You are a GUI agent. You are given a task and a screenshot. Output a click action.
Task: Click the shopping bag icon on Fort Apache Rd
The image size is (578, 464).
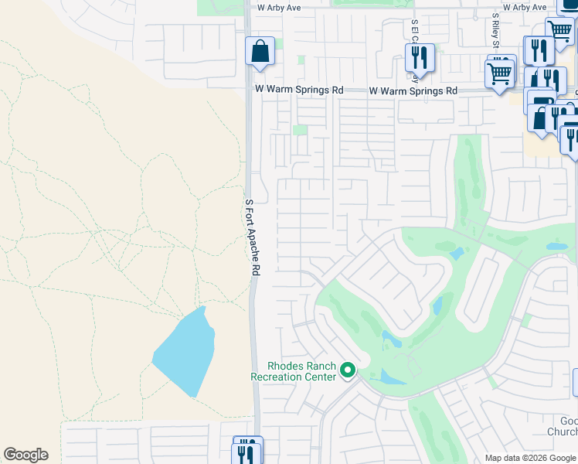point(260,51)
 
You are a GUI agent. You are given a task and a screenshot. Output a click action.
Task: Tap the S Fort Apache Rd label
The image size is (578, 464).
point(252,237)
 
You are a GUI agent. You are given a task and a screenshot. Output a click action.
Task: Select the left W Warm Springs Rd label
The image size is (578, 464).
point(299,90)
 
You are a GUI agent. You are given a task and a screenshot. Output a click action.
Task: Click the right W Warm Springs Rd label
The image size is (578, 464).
point(413,90)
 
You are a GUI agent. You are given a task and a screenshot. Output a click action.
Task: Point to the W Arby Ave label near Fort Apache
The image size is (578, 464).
point(278,7)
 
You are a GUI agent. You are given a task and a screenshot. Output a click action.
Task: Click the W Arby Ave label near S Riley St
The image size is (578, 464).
point(525,7)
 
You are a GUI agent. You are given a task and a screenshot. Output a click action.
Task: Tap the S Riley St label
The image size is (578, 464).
point(495,31)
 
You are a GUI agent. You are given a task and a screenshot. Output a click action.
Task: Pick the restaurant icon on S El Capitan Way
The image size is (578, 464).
point(420,56)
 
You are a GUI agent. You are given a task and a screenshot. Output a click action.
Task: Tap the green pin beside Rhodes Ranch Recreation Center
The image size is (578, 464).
point(348,371)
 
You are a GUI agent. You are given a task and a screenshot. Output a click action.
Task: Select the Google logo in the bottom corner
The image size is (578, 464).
point(25,455)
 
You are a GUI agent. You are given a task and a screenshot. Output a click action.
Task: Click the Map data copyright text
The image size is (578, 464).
point(530,458)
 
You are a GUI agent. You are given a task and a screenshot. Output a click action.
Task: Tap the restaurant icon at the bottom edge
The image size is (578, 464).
point(247,451)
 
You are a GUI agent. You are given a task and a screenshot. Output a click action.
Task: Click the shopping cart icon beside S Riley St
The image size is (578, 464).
point(500,74)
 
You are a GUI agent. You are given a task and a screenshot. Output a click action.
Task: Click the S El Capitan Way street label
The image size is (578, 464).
point(416,46)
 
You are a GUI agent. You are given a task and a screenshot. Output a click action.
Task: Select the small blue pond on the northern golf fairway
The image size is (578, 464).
point(456,253)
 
